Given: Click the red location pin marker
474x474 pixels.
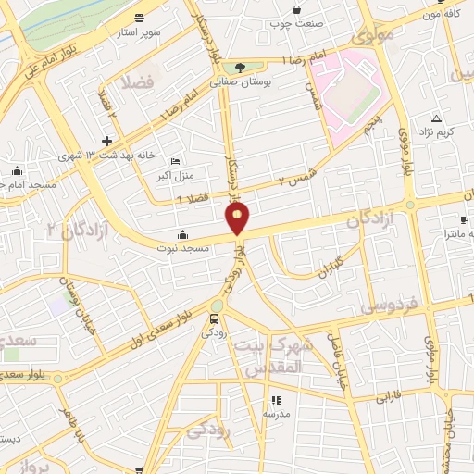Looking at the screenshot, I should pos(238,218).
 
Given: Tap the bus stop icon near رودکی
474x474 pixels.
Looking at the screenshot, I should pos(215,319).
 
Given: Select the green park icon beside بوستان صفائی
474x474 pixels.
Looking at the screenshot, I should pos(241,67).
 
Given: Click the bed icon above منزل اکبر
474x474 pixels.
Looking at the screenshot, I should pos(176,160).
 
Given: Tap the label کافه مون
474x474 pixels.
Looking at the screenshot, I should pos(443,15).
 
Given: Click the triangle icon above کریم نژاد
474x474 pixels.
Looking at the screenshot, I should pos(437,118).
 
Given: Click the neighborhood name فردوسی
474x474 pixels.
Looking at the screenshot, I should pos(389,305).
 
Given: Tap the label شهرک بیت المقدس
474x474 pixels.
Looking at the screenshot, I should pos(276,355).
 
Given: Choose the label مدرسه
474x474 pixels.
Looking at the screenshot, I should pos(275,414).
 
